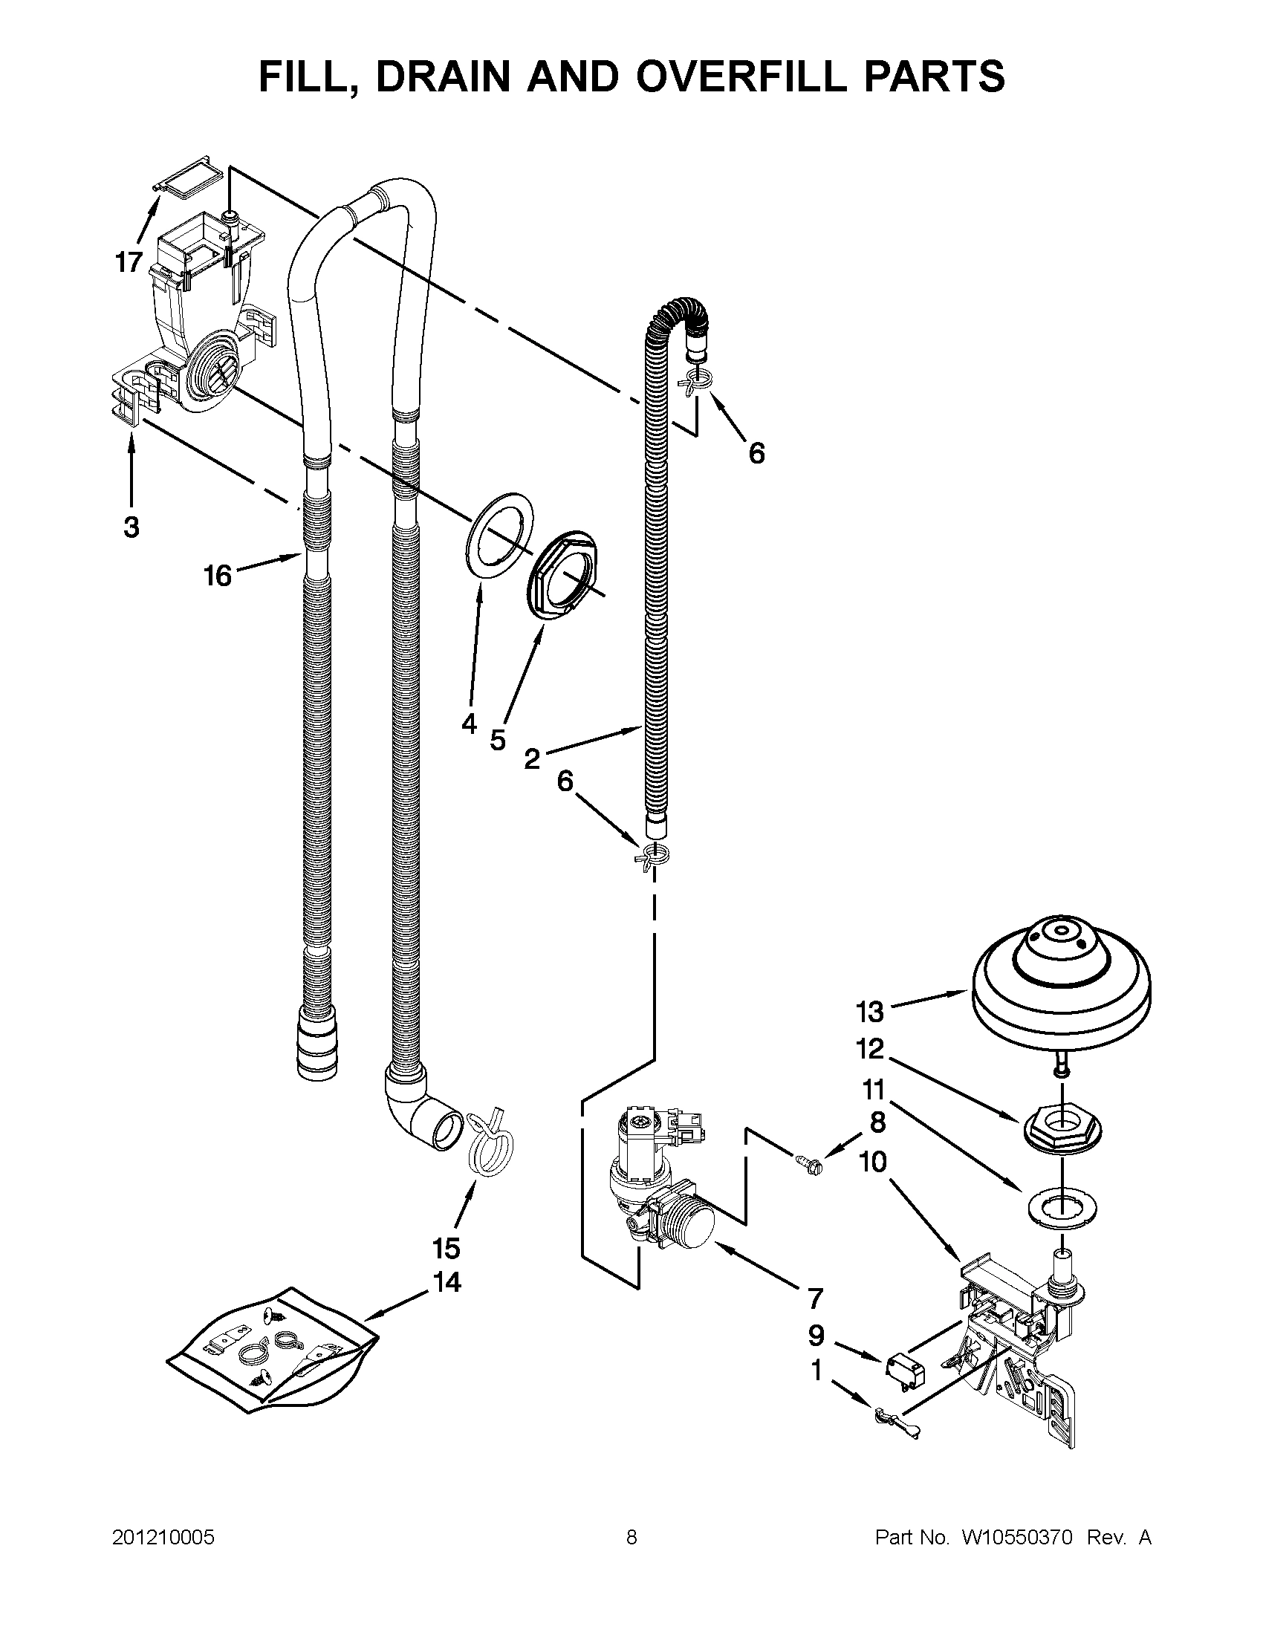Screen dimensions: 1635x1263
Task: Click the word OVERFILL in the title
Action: pyautogui.click(x=738, y=77)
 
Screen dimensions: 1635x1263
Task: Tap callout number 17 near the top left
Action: pyautogui.click(x=128, y=262)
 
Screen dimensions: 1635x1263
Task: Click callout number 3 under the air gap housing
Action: pyautogui.click(x=131, y=527)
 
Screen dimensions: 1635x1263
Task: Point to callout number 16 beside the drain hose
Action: pyautogui.click(x=218, y=576)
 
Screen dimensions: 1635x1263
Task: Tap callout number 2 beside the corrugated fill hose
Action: pyautogui.click(x=530, y=759)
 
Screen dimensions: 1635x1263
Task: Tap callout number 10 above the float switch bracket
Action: pyautogui.click(x=873, y=1162)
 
